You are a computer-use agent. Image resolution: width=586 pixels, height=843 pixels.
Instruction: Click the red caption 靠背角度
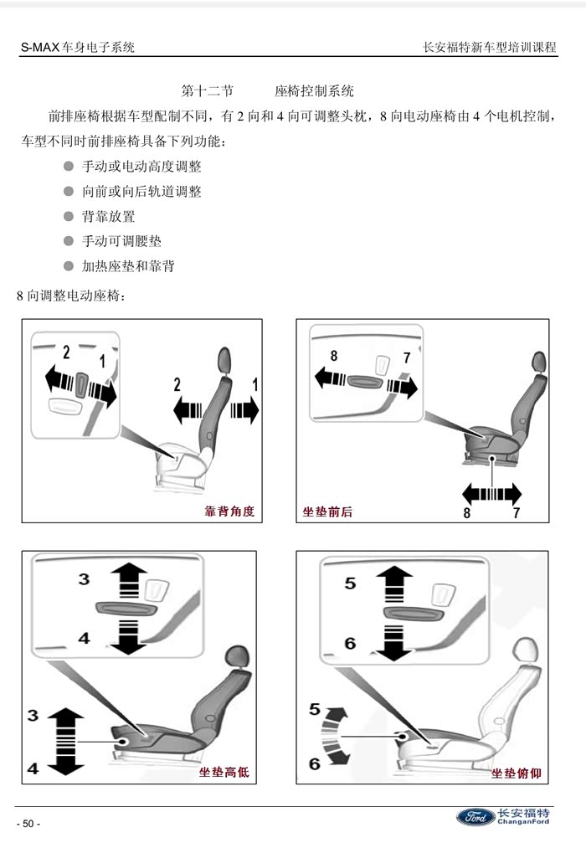pyautogui.click(x=229, y=511)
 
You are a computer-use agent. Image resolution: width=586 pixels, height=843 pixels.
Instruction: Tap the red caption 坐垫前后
pyautogui.click(x=327, y=511)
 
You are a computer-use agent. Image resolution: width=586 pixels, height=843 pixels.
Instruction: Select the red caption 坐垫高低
pyautogui.click(x=224, y=772)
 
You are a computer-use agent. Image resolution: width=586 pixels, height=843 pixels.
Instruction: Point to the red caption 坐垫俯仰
pyautogui.click(x=517, y=774)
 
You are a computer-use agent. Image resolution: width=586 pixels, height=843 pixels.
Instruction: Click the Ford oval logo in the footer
pyautogui.click(x=475, y=817)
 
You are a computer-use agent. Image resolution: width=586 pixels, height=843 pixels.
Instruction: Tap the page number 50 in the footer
pyautogui.click(x=28, y=824)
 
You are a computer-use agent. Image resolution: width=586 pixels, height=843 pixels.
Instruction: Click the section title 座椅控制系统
pyautogui.click(x=314, y=91)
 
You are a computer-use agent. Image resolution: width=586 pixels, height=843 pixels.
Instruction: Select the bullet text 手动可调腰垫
pyautogui.click(x=121, y=241)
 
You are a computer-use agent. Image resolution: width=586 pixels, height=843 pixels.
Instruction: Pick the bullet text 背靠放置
pyautogui.click(x=109, y=216)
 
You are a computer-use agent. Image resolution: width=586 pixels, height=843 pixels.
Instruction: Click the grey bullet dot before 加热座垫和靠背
pyautogui.click(x=69, y=265)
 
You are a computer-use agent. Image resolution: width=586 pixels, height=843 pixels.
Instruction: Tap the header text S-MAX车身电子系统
pyautogui.click(x=77, y=47)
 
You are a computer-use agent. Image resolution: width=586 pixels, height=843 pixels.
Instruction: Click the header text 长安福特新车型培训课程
pyautogui.click(x=489, y=47)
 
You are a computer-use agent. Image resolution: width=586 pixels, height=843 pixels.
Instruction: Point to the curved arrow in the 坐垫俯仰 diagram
pyautogui.click(x=333, y=736)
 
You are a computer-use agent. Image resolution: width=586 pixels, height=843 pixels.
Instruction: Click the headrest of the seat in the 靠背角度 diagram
pyautogui.click(x=224, y=359)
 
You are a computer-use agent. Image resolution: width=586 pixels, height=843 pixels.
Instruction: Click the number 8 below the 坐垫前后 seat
pyautogui.click(x=466, y=513)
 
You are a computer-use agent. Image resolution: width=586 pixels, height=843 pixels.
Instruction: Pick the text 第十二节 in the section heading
pyautogui.click(x=207, y=91)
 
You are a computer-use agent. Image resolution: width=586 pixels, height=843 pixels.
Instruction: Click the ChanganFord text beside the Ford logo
pyautogui.click(x=523, y=821)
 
